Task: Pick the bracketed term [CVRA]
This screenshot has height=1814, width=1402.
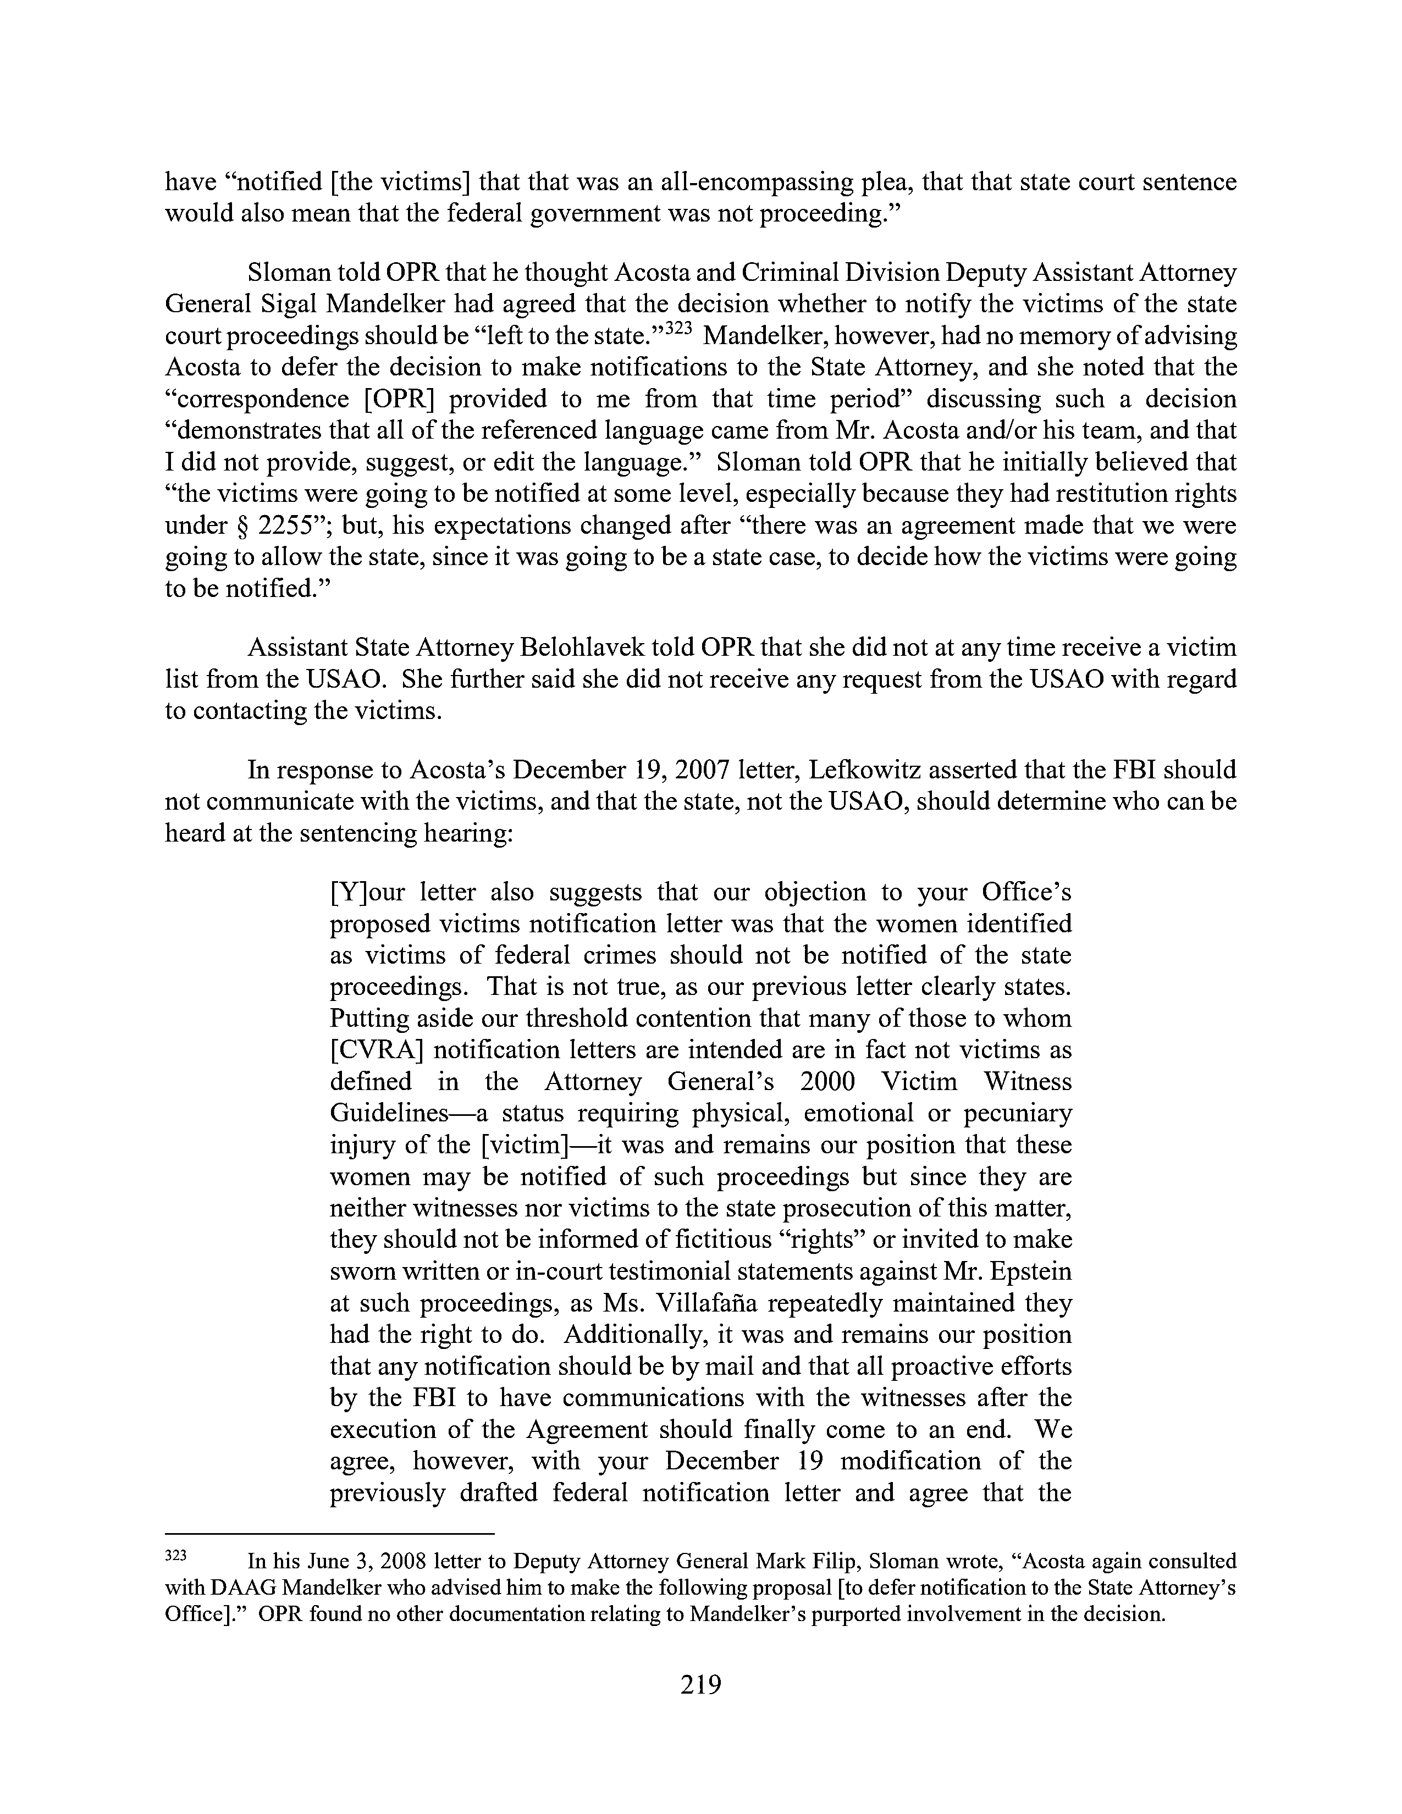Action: (x=376, y=1050)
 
